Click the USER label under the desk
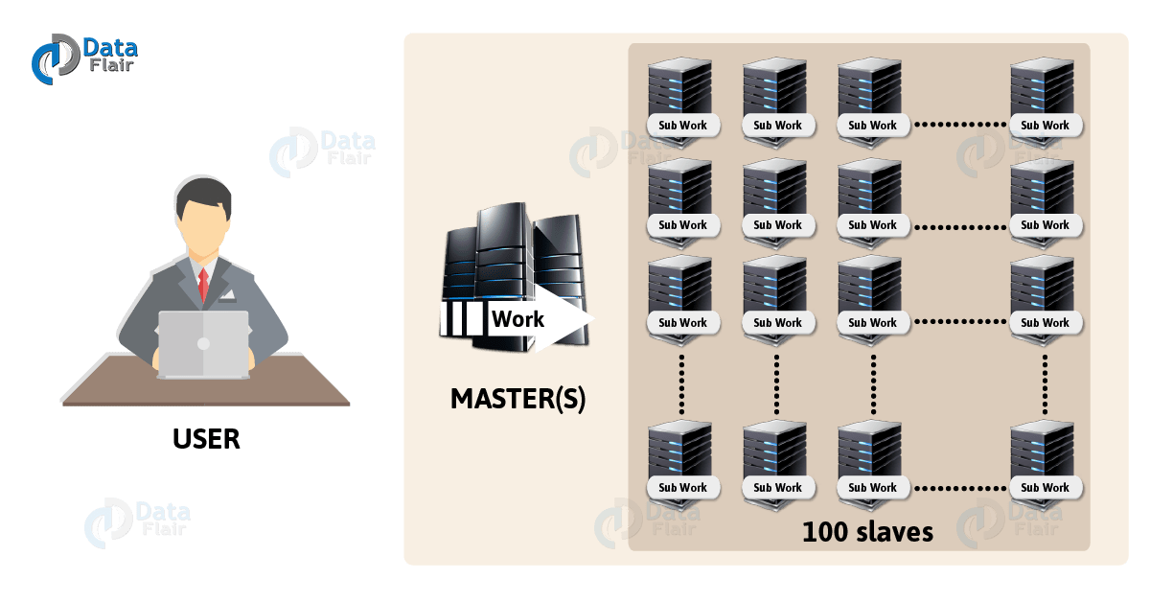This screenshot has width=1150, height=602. tap(206, 439)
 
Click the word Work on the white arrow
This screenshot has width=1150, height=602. tap(517, 319)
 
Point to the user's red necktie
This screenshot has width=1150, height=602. tap(203, 284)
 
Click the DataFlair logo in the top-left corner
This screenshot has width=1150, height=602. tap(83, 58)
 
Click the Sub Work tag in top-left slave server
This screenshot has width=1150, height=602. tap(682, 125)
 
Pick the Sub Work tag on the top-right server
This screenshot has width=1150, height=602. tap(1045, 125)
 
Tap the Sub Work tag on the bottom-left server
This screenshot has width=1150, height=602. tap(682, 487)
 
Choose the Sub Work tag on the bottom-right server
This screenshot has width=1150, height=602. tap(1045, 487)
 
